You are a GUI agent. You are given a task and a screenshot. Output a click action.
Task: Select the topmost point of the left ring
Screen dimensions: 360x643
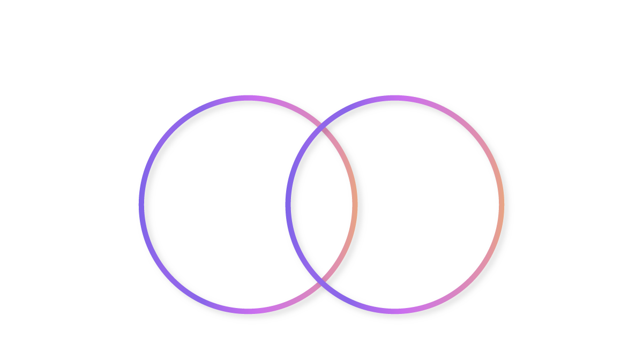pos(248,97)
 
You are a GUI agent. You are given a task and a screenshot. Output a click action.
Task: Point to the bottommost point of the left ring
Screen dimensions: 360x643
pos(248,311)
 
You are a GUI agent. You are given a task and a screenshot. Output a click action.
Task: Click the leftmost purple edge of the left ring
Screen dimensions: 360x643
pos(141,204)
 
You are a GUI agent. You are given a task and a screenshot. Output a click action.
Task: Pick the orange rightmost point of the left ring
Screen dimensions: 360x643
pos(354,204)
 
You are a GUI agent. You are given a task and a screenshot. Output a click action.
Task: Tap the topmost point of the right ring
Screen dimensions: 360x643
pos(395,97)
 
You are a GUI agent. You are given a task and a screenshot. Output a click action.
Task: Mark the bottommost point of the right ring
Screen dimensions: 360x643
pos(395,311)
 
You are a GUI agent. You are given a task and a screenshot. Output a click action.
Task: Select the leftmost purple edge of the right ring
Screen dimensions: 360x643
pos(288,204)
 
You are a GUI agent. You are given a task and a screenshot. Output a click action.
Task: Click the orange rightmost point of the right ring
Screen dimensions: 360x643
pos(501,204)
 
